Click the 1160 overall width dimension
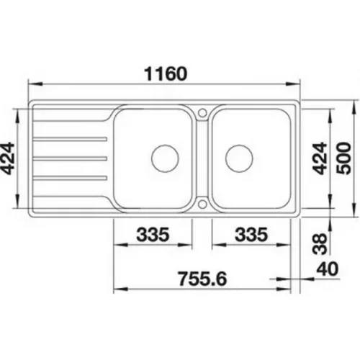pos(166,73)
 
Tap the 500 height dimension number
pos(343,158)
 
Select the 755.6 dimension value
pos(203,279)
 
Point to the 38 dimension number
pos(320,244)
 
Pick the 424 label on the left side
pos(7,158)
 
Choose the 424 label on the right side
pos(320,158)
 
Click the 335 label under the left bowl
pos(153,235)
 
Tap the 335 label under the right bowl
pos(251,235)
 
